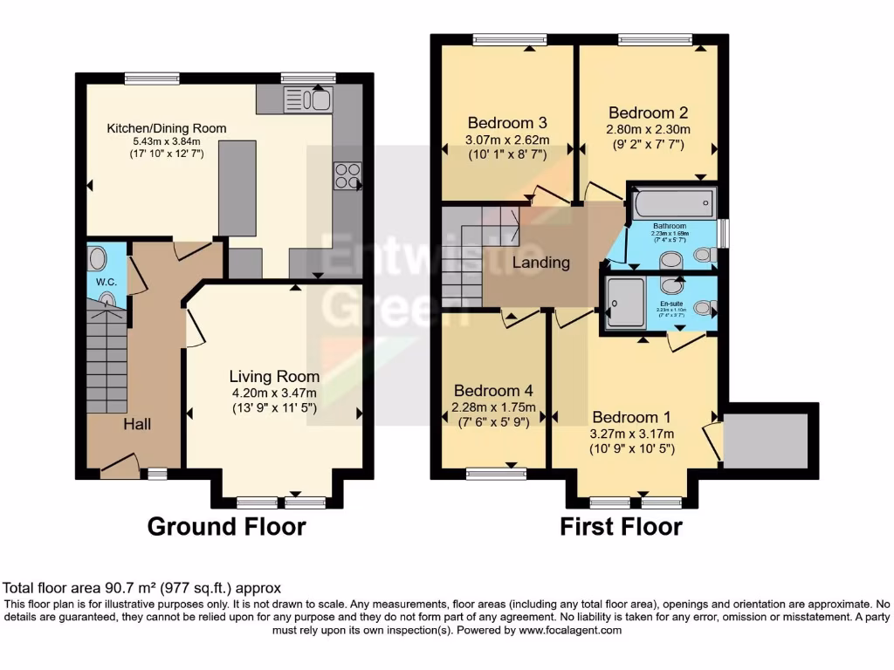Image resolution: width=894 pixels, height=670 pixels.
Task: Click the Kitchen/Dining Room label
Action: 166,128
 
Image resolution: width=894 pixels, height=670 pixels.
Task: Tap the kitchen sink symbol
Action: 307,100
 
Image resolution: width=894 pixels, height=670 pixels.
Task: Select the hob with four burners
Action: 347,176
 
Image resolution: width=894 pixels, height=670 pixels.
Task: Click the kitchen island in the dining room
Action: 237,188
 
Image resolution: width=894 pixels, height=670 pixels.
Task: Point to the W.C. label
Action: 107,282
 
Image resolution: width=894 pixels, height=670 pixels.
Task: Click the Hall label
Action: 136,424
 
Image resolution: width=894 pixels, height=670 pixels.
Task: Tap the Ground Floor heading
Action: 226,527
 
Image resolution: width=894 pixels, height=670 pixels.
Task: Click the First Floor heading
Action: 621,527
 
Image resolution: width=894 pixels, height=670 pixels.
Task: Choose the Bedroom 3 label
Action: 506,122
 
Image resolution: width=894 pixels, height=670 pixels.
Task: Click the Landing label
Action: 540,263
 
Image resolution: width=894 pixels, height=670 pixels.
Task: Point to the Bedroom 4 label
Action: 493,390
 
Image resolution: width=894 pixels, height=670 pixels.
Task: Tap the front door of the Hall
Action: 120,467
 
